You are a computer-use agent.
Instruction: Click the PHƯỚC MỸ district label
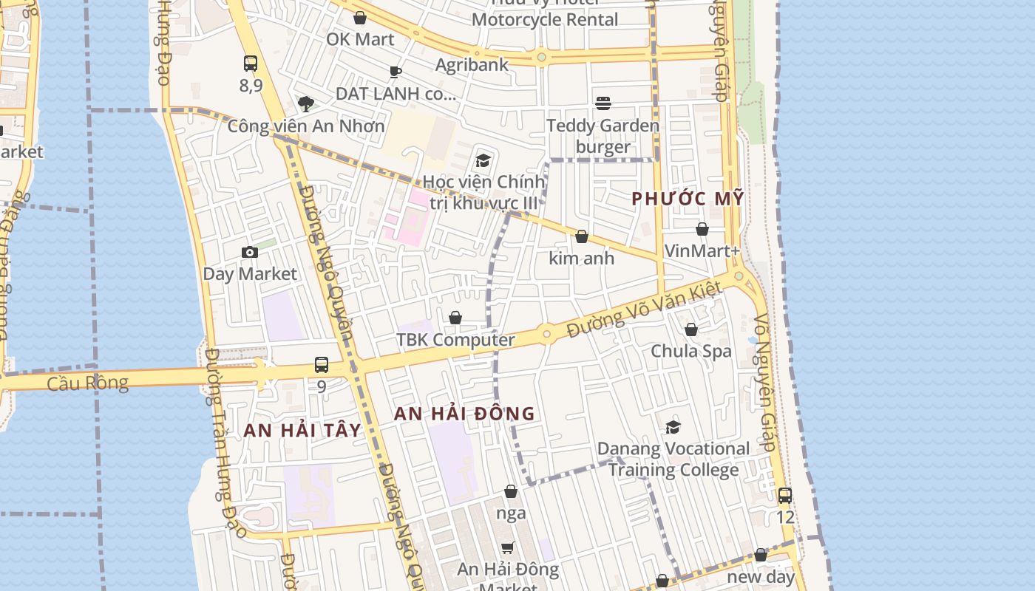click(x=688, y=199)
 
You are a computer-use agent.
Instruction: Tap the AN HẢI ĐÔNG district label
click(x=464, y=414)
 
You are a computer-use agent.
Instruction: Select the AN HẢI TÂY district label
click(x=302, y=431)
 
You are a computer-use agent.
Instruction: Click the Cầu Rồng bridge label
click(x=87, y=383)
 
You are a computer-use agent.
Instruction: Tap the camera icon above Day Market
click(x=250, y=253)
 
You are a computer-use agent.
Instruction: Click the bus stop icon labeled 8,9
click(x=251, y=64)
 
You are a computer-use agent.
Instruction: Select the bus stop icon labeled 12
click(x=785, y=496)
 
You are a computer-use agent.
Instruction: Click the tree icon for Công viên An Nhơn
click(x=306, y=104)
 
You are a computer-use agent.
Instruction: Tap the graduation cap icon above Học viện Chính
click(x=483, y=160)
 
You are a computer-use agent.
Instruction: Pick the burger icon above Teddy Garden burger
click(x=603, y=103)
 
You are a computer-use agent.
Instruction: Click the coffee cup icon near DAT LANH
click(x=396, y=72)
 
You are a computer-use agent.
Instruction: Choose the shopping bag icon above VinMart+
click(x=702, y=230)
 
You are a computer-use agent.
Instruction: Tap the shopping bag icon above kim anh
click(x=582, y=237)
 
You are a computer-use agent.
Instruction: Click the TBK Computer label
click(x=455, y=340)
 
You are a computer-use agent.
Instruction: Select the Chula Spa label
click(x=691, y=351)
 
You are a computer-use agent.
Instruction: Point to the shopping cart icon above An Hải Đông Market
click(x=508, y=547)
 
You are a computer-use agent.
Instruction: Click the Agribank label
click(x=472, y=65)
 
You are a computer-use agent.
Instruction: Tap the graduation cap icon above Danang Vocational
click(x=673, y=427)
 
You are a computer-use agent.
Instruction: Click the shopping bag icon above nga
click(x=511, y=491)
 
